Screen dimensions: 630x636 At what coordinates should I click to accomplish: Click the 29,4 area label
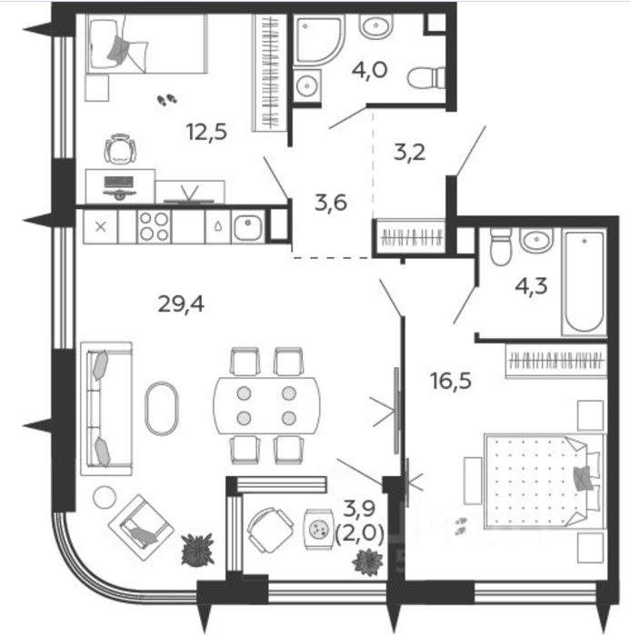pyautogui.click(x=181, y=303)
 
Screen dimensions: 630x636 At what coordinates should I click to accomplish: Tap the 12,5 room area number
pyautogui.click(x=206, y=133)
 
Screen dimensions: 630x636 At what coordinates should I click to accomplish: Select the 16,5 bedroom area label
pyautogui.click(x=451, y=382)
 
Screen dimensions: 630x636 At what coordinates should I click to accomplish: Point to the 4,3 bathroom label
pyautogui.click(x=531, y=286)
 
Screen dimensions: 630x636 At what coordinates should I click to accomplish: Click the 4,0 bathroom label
pyautogui.click(x=369, y=70)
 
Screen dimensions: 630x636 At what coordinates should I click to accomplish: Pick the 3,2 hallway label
pyautogui.click(x=410, y=153)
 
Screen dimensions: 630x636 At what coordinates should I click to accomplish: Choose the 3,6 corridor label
pyautogui.click(x=330, y=203)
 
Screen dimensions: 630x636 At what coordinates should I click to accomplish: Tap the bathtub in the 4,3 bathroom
pyautogui.click(x=585, y=282)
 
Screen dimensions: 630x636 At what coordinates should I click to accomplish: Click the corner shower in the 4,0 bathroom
pyautogui.click(x=319, y=40)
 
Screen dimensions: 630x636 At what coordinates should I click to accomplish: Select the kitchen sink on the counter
pyautogui.click(x=248, y=228)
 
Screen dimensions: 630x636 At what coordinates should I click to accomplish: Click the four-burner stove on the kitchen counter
pyautogui.click(x=155, y=227)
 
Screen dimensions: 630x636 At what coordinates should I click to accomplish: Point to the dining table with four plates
pyautogui.click(x=266, y=405)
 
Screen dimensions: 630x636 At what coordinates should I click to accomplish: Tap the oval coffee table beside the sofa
pyautogui.click(x=161, y=409)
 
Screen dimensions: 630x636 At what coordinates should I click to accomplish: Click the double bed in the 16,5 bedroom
pyautogui.click(x=543, y=482)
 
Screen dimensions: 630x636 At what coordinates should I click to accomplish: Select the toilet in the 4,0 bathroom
pyautogui.click(x=425, y=77)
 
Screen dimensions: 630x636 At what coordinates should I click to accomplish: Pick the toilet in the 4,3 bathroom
pyautogui.click(x=501, y=246)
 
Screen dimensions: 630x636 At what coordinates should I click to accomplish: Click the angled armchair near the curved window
pyautogui.click(x=141, y=527)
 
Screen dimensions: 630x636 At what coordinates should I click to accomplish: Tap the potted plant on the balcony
pyautogui.click(x=368, y=561)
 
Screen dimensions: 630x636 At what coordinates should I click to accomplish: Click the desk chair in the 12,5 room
pyautogui.click(x=120, y=149)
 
